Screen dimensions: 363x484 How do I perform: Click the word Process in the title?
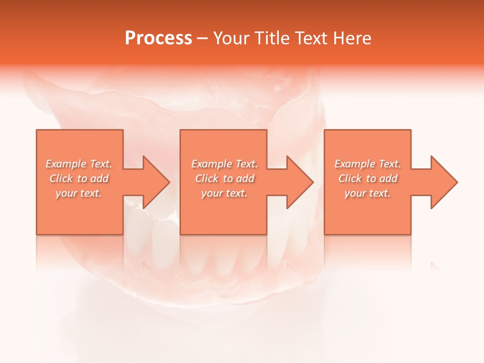pyautogui.click(x=158, y=38)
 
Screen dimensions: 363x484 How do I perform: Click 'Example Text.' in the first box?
pyautogui.click(x=79, y=164)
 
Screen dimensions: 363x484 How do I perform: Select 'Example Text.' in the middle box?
pyautogui.click(x=224, y=164)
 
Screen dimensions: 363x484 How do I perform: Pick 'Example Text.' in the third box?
pyautogui.click(x=368, y=164)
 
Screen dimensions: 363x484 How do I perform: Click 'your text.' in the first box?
pyautogui.click(x=79, y=193)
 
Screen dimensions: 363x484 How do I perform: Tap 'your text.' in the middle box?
pyautogui.click(x=224, y=193)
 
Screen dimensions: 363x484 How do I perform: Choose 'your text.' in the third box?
pyautogui.click(x=368, y=193)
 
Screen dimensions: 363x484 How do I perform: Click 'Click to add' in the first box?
pyautogui.click(x=79, y=178)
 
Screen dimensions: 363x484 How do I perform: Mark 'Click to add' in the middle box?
pyautogui.click(x=224, y=178)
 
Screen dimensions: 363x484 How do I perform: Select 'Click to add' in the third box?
pyautogui.click(x=368, y=178)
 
